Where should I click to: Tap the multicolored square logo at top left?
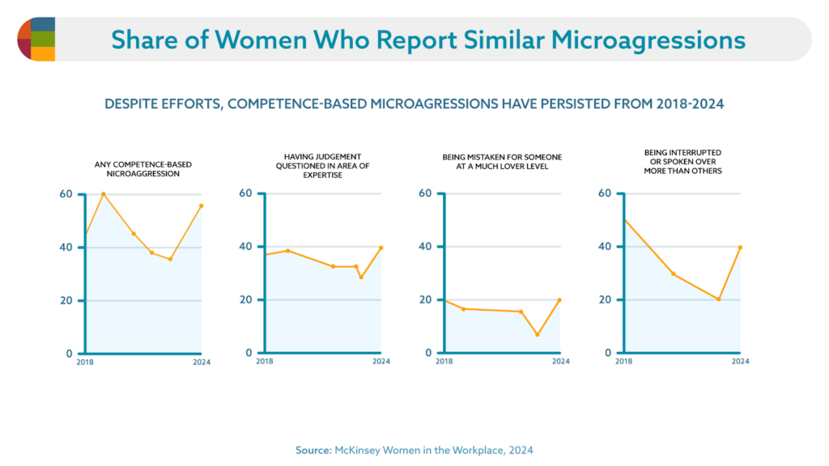pyautogui.click(x=36, y=39)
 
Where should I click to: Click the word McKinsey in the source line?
pyautogui.click(x=362, y=450)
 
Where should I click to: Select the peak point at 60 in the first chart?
pyautogui.click(x=103, y=194)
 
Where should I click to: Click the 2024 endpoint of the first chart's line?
pyautogui.click(x=201, y=205)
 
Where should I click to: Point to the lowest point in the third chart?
pyautogui.click(x=537, y=335)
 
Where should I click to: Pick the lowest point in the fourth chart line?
pyautogui.click(x=718, y=299)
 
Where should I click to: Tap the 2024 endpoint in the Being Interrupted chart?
pyautogui.click(x=740, y=248)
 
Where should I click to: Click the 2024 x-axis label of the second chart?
pyautogui.click(x=380, y=362)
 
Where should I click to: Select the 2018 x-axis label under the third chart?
pyautogui.click(x=444, y=362)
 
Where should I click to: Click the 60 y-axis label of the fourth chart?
pyautogui.click(x=604, y=193)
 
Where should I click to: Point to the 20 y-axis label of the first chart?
pyautogui.click(x=66, y=301)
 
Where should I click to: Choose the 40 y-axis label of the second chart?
pyautogui.click(x=245, y=247)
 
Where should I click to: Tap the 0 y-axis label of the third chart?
pyautogui.click(x=427, y=354)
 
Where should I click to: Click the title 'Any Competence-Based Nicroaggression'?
pyautogui.click(x=142, y=169)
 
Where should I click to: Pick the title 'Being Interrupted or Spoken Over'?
pyautogui.click(x=682, y=161)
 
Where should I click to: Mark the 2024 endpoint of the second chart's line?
pyautogui.click(x=380, y=248)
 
